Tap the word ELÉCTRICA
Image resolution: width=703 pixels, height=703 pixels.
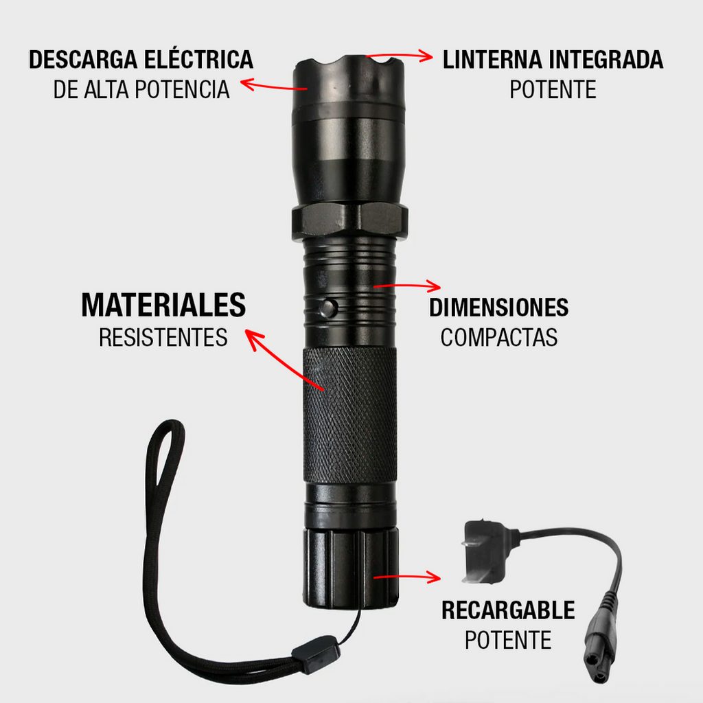point(200,60)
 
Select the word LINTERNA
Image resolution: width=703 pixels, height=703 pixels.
point(493,60)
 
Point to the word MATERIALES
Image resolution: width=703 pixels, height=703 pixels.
point(163,306)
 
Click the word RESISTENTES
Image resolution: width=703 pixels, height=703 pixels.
point(163,338)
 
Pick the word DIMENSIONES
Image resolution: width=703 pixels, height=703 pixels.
point(499,308)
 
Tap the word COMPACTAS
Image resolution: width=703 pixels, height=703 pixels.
point(499,338)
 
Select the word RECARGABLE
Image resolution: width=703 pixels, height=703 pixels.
point(508,610)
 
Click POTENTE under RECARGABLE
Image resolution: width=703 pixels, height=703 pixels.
point(508,641)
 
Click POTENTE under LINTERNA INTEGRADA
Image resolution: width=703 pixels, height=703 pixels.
point(553,90)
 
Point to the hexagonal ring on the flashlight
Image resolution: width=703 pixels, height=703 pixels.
point(349,220)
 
